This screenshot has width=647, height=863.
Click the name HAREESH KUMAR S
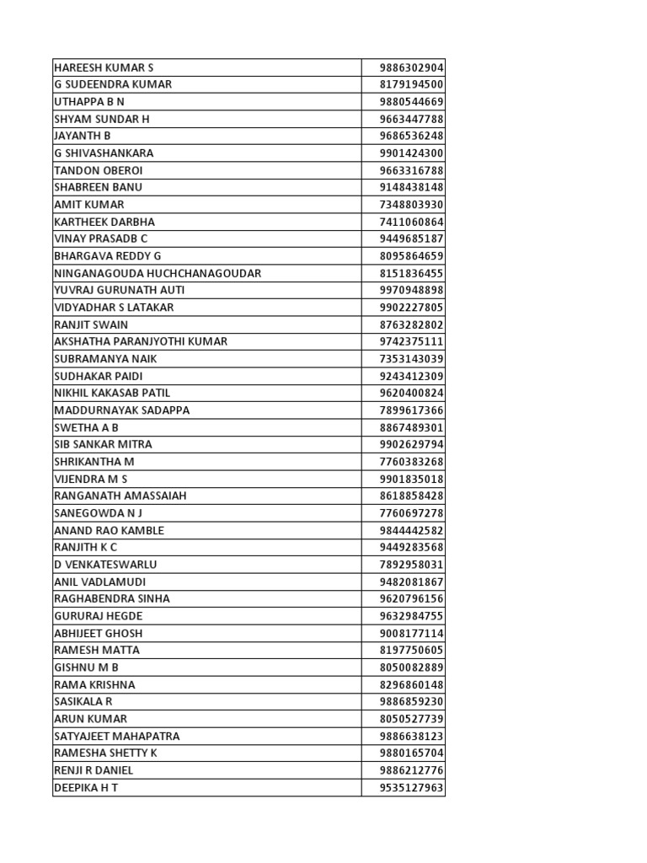(x=104, y=67)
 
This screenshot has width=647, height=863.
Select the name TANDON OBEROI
(x=99, y=170)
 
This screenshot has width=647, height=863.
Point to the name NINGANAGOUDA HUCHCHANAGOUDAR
(x=158, y=273)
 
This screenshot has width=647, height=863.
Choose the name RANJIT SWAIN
(x=91, y=324)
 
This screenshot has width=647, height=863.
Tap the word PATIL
(x=154, y=393)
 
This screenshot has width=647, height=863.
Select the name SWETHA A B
(x=86, y=427)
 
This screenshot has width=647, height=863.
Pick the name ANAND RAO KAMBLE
(x=109, y=530)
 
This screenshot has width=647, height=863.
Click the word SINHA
(x=152, y=598)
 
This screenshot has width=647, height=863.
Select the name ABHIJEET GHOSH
(x=98, y=633)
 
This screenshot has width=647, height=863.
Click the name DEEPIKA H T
(x=86, y=787)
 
